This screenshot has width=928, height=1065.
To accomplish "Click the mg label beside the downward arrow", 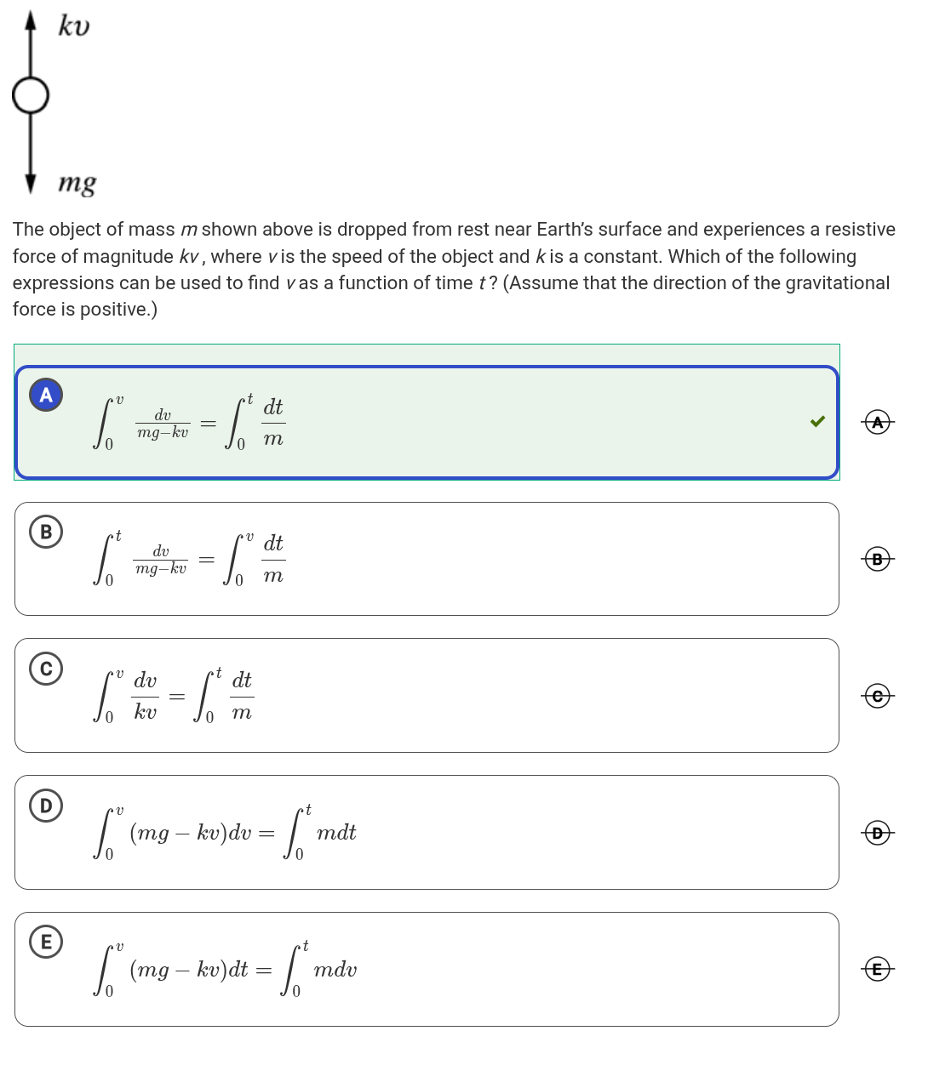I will [77, 183].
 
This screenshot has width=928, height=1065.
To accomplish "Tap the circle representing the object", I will [31, 95].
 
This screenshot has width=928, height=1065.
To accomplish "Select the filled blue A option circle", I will [46, 395].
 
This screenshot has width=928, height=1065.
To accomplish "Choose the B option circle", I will [46, 532].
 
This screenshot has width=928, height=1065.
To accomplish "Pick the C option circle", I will [46, 669].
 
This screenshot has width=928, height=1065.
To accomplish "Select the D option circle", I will [46, 805].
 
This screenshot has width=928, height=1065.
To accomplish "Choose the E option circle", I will [46, 942].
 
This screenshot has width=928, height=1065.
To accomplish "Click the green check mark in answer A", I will [817, 421].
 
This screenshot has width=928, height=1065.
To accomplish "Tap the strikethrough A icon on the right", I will [878, 422].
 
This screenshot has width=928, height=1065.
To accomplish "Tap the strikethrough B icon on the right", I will [878, 559].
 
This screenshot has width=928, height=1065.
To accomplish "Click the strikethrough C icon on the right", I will [878, 696].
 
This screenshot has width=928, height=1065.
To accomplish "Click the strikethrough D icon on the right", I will [878, 833].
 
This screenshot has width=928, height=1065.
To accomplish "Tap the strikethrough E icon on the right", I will [878, 969].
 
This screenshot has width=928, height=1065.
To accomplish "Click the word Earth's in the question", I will [569, 230].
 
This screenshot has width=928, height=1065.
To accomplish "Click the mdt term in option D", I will [336, 833].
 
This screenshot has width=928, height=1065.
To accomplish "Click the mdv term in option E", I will [335, 970].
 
